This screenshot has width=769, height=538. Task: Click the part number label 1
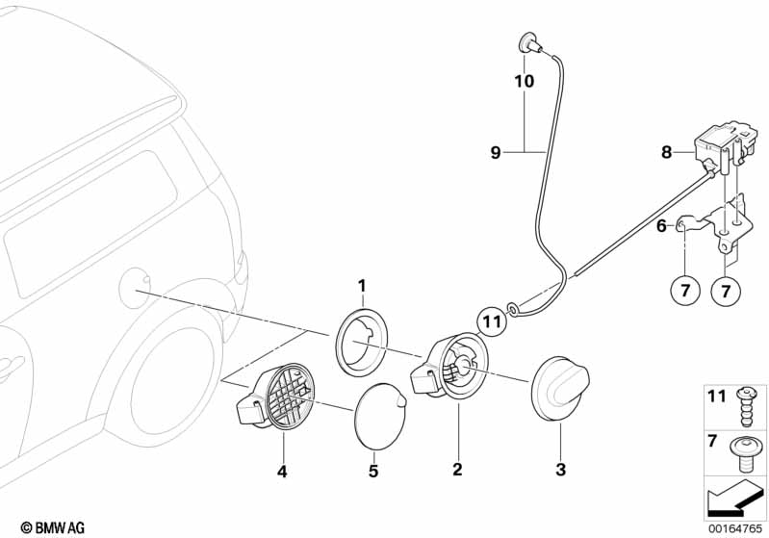click(362, 285)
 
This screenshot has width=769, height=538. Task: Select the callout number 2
click(457, 470)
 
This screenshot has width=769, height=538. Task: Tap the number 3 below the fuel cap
click(560, 470)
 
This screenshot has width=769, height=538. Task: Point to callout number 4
click(283, 471)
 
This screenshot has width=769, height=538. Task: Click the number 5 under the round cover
click(374, 472)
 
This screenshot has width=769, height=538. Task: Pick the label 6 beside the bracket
click(661, 227)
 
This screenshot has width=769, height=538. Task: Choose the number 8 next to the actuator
click(666, 151)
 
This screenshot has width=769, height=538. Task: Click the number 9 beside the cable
click(496, 152)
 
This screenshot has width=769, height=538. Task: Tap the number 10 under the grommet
click(524, 82)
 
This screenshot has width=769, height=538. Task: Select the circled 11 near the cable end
click(491, 322)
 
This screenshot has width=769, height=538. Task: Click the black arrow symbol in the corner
click(733, 500)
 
